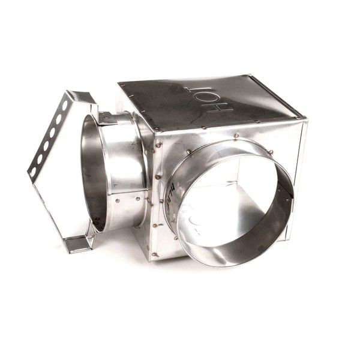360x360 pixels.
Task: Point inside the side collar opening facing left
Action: [91, 174]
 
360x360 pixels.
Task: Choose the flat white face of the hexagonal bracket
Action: [60, 192]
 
